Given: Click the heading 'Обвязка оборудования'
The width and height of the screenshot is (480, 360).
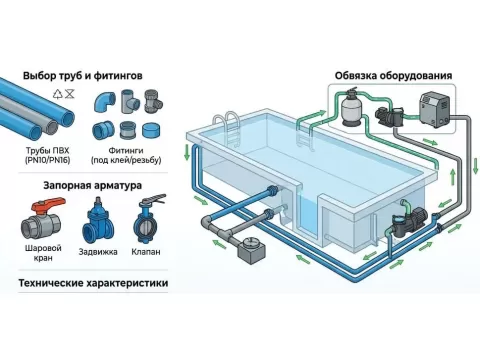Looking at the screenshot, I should pyautogui.click(x=392, y=75).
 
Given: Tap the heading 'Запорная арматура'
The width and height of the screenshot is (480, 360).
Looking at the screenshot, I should pyautogui.click(x=92, y=185).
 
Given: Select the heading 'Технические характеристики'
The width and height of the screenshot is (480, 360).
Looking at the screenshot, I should pyautogui.click(x=92, y=284).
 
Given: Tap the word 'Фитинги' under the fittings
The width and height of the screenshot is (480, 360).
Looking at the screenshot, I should pyautogui.click(x=125, y=149).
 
